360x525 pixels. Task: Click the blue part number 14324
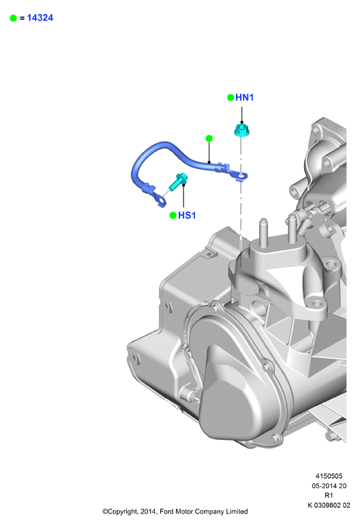(x=40, y=18)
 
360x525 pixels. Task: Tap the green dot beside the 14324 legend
(x=14, y=18)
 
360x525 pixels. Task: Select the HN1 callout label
(x=245, y=97)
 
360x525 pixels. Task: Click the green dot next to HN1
(x=230, y=97)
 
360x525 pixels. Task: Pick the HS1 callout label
(x=187, y=215)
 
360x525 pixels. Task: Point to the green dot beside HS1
(x=173, y=215)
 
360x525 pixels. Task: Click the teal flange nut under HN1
(x=242, y=130)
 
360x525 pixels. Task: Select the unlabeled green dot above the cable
(x=209, y=138)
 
